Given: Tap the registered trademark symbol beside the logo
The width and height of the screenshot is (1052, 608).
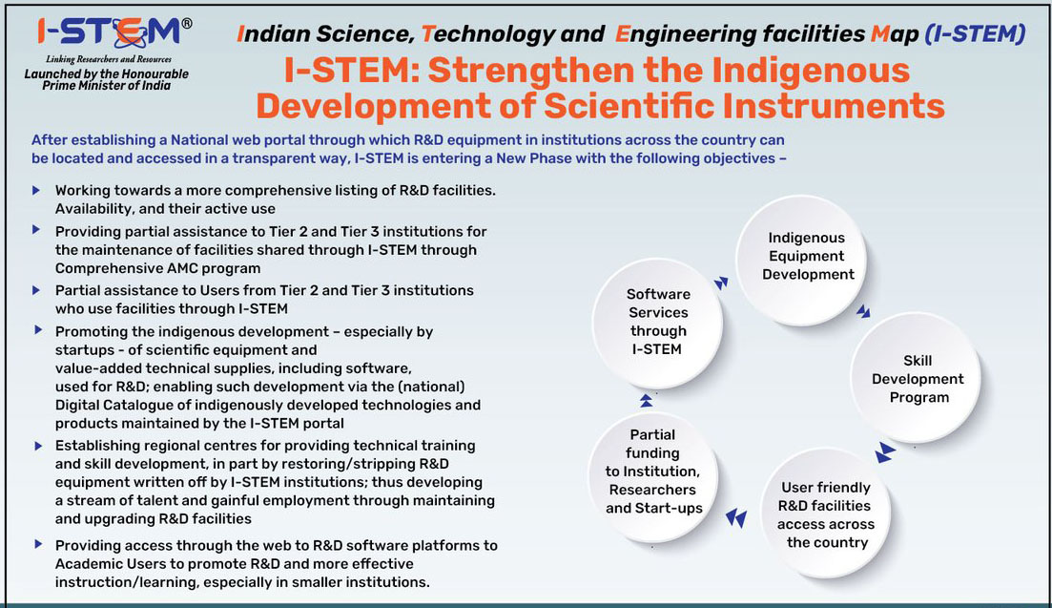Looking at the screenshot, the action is pos(187,24).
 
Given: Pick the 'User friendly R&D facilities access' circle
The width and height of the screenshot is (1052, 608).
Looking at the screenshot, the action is pos(825,514).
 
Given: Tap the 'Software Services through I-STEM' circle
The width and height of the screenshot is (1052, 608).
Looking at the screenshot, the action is pos(657,323).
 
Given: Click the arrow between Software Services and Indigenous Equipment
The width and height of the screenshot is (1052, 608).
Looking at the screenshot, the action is pos(720,283).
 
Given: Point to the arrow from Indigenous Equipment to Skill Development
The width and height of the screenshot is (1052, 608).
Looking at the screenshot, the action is pos(863,311).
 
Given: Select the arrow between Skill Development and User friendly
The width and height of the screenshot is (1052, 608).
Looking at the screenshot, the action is pos(885,452).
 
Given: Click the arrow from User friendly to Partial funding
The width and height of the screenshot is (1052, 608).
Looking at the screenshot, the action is pos(736,518).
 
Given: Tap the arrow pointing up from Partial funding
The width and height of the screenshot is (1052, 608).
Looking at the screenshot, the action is pos(646,401).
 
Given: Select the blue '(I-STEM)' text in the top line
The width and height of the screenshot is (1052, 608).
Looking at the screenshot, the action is pos(976,33).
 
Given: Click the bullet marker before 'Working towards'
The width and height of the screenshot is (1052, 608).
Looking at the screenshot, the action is pos(37,191).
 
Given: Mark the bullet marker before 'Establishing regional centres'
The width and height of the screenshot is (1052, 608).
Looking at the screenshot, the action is pos(38,446).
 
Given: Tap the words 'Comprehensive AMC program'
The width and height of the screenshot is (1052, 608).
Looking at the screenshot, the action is pos(157,268).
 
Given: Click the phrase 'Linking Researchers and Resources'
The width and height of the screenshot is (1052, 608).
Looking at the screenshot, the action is pos(108,59).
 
